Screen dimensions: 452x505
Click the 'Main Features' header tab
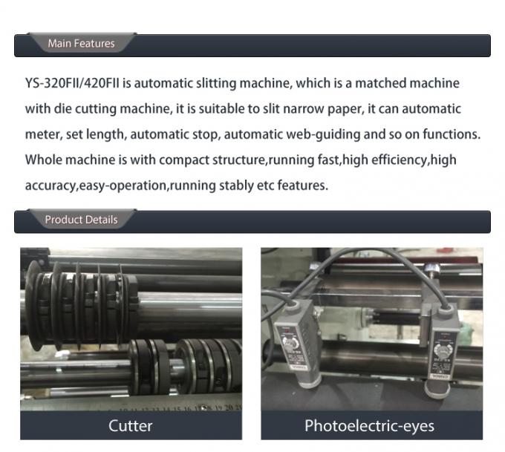tap(81, 44)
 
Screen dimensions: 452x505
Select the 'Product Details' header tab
tap(81, 220)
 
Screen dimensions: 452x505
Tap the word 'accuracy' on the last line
tap(49, 186)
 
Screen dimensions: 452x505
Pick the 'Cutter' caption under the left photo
tap(130, 425)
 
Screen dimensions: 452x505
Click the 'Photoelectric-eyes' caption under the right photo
tap(369, 425)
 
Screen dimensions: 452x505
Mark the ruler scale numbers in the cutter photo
tap(186, 407)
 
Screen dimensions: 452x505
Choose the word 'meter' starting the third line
tap(42, 134)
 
